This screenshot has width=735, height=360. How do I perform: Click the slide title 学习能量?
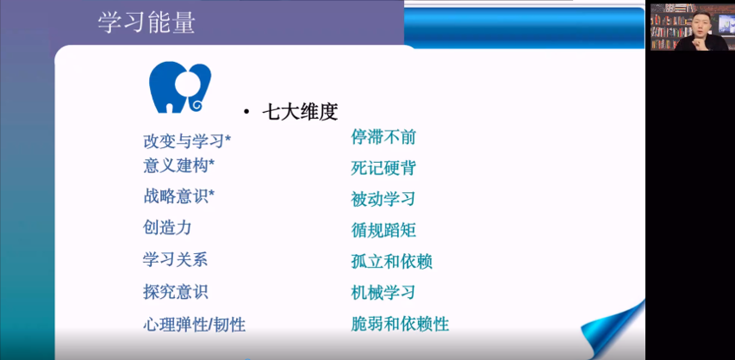(146, 22)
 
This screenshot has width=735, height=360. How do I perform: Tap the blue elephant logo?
(180, 87)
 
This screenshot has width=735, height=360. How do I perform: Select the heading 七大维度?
(300, 112)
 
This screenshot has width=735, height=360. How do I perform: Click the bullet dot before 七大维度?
(246, 113)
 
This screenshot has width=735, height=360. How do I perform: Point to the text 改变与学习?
(184, 141)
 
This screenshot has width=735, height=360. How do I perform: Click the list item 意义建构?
(176, 165)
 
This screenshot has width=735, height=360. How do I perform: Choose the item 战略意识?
(176, 196)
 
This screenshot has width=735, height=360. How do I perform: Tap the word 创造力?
(167, 228)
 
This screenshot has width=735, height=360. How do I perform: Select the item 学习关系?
(175, 259)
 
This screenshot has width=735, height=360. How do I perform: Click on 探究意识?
(175, 292)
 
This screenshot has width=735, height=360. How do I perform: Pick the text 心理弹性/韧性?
(194, 324)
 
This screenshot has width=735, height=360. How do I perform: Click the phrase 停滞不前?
(383, 137)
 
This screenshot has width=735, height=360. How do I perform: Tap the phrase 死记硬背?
(383, 168)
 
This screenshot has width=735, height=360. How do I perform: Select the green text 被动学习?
(383, 199)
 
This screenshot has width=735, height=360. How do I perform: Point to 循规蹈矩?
(383, 230)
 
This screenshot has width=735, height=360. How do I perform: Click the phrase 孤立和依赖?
(391, 262)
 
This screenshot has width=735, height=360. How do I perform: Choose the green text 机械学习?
(383, 293)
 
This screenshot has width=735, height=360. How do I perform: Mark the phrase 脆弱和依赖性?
(400, 324)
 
